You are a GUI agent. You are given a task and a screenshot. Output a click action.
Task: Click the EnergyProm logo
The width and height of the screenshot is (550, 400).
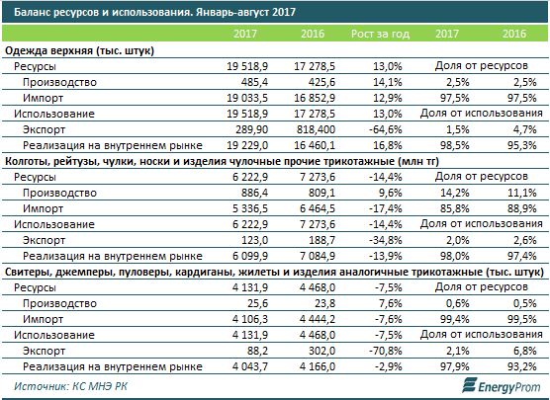click(x=502, y=386)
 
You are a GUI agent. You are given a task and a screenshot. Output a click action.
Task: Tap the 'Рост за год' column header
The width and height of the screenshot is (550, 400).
click(x=380, y=34)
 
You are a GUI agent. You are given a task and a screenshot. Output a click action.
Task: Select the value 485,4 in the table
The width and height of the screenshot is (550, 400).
click(x=254, y=82)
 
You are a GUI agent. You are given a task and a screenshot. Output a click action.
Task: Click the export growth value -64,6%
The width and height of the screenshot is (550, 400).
click(x=386, y=129)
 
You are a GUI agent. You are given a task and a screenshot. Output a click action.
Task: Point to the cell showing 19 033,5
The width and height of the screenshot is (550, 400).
click(x=247, y=98)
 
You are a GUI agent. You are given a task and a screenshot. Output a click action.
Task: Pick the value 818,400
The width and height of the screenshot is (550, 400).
click(x=315, y=129)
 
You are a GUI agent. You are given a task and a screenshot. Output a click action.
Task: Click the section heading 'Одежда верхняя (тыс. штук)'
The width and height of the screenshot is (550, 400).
click(x=79, y=50)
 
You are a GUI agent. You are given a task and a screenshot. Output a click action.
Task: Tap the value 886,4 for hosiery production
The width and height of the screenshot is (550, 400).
click(x=254, y=193)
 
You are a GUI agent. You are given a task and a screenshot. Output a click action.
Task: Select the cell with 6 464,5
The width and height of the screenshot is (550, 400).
click(x=318, y=208)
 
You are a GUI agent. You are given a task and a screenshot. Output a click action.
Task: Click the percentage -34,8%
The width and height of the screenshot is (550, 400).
click(x=386, y=240)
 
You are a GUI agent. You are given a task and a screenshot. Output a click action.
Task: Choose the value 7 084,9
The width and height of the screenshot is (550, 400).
click(x=318, y=256)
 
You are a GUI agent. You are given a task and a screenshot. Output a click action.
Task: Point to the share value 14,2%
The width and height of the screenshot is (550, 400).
click(x=455, y=193)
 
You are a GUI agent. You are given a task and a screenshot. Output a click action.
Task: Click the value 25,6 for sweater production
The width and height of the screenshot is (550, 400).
click(x=258, y=303)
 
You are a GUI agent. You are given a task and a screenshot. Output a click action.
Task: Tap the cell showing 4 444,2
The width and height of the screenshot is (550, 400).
click(x=318, y=319)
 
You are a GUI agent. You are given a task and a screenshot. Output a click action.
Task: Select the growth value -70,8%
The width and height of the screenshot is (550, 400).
click(x=386, y=351)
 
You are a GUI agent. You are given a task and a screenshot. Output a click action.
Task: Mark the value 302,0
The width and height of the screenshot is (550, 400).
click(x=321, y=351)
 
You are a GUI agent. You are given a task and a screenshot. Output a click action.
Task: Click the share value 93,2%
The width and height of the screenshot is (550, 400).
click(x=522, y=366)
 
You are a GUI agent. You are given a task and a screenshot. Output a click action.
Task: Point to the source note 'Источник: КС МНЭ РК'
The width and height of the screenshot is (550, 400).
click(x=70, y=386)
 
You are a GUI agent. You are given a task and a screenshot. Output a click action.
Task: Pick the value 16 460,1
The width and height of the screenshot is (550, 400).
click(x=315, y=145)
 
